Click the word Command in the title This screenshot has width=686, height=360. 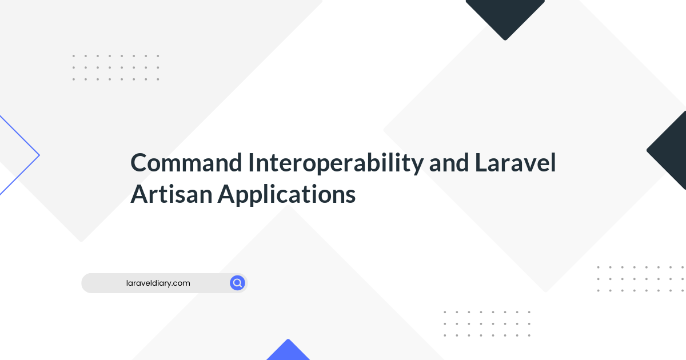tap(186, 162)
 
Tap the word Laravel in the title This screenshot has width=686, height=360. tap(516, 162)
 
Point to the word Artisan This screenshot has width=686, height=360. tap(171, 194)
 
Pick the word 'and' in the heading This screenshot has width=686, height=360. tap(449, 162)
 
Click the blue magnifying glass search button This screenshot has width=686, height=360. tap(237, 283)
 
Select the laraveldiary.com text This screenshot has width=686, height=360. tap(158, 283)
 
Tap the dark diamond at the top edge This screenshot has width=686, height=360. tap(505, 18)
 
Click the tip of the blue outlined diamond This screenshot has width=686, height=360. tap(39, 155)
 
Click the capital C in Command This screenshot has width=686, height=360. tap(139, 162)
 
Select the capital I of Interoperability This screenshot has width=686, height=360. tap(250, 162)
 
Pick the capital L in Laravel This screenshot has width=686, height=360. tap(481, 162)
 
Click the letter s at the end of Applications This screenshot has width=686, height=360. tap(350, 197)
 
